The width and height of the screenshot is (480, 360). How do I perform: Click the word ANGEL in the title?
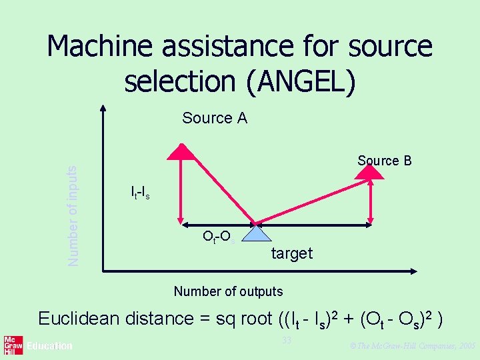coord(300,81)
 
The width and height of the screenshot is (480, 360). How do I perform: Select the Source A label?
coord(215,119)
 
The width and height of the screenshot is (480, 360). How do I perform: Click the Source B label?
coord(384,161)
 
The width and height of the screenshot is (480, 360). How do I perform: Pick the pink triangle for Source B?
coord(369,171)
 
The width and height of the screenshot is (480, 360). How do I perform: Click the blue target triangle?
coord(255,233)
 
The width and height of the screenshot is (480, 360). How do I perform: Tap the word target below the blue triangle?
coord(292,253)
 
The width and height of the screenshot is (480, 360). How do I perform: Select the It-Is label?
coord(140,193)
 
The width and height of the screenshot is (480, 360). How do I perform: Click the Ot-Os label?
coord(217,237)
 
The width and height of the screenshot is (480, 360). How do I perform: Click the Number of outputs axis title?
coord(228,291)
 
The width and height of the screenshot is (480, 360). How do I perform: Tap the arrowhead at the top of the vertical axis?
coord(103,107)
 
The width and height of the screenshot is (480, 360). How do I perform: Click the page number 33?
coord(287,341)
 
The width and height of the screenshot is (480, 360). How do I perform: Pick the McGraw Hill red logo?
coord(10,345)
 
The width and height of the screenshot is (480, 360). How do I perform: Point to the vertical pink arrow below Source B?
coord(371,200)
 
